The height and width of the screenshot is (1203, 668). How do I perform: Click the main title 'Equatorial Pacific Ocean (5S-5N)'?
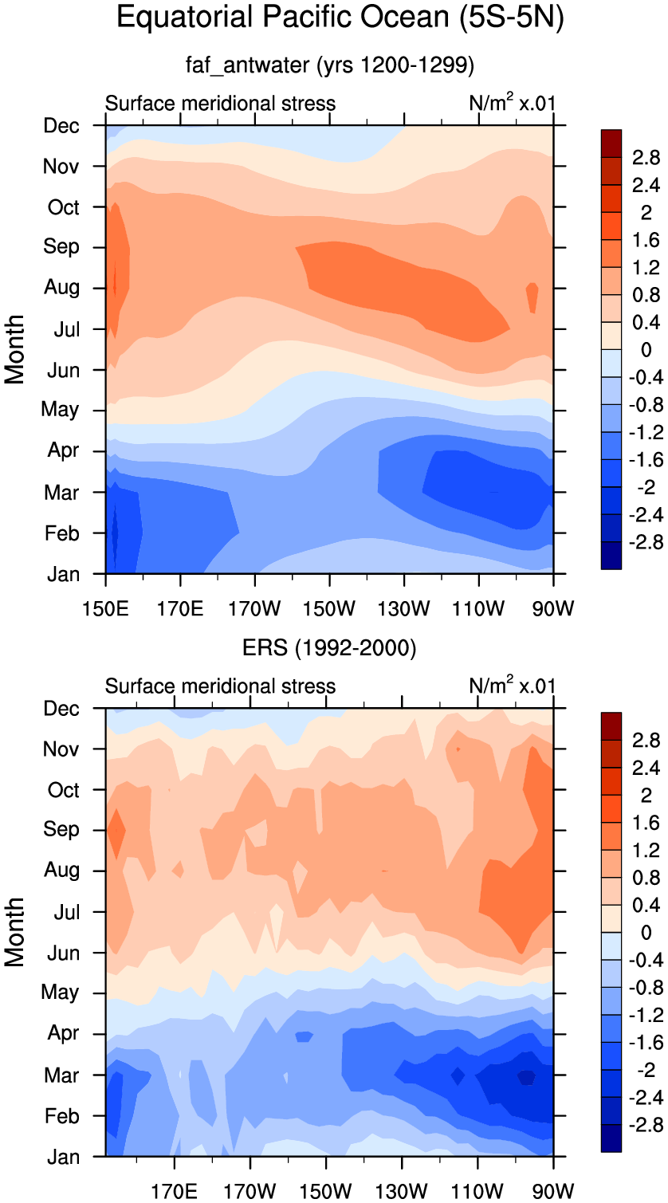pyautogui.click(x=340, y=18)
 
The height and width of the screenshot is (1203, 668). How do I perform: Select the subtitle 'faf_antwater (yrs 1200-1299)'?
pyautogui.click(x=330, y=65)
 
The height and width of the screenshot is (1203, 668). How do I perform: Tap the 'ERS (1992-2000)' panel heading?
pyautogui.click(x=329, y=647)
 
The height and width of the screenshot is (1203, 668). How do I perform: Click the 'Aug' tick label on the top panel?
pyautogui.click(x=61, y=287)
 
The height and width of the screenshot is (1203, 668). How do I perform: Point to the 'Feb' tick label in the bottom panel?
pyautogui.click(x=61, y=1117)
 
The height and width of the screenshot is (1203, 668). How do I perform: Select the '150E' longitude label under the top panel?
pyautogui.click(x=105, y=609)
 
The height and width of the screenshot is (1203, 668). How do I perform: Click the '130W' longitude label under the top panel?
pyautogui.click(x=404, y=609)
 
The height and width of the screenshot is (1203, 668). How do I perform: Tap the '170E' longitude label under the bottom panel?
pyautogui.click(x=174, y=1191)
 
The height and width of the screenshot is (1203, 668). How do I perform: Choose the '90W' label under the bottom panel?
pyautogui.click(x=553, y=1191)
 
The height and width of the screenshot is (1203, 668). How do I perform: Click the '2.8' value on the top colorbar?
pyautogui.click(x=646, y=158)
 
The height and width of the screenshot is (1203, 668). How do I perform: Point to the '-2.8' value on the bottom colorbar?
pyautogui.click(x=646, y=1125)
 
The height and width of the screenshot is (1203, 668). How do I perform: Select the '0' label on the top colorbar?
pyautogui.click(x=646, y=350)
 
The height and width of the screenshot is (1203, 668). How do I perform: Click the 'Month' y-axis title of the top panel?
pyautogui.click(x=14, y=349)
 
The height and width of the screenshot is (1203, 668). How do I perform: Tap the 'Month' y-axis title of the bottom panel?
pyautogui.click(x=14, y=932)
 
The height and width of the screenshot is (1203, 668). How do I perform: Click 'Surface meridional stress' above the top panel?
pyautogui.click(x=220, y=103)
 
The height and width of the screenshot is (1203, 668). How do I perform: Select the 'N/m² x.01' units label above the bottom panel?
pyautogui.click(x=512, y=685)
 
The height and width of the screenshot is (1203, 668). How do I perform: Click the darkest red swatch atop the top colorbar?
pyautogui.click(x=611, y=143)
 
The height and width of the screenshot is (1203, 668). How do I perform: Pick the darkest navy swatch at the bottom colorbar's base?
pyautogui.click(x=611, y=1138)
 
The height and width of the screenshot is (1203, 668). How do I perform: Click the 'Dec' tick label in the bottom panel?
pyautogui.click(x=61, y=709)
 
